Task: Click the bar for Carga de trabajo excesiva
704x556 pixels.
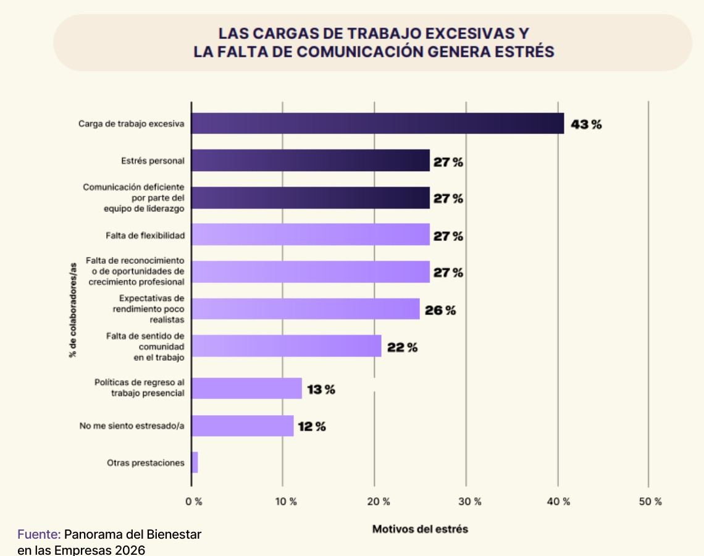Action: point(377,124)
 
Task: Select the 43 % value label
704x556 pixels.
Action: point(585,124)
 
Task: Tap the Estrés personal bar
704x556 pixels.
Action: point(311,161)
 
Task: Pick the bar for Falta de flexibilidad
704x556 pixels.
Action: point(311,235)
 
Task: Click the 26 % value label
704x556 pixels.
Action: point(440,310)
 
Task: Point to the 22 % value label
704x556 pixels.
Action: point(402,348)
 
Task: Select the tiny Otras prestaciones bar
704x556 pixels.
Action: point(195,462)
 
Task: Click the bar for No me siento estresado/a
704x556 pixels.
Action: point(243,426)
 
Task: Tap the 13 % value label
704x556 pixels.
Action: point(321,390)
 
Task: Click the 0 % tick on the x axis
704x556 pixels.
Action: point(194,502)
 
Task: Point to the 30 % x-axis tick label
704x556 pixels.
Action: point(469,502)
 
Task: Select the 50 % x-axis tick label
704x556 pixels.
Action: point(650,502)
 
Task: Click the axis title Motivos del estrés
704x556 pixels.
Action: point(420,529)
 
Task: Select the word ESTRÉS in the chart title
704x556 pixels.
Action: point(525,52)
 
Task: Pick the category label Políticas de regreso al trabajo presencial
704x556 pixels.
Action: point(139,387)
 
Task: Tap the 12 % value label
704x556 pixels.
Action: point(311,427)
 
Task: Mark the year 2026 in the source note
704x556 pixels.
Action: point(131,549)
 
